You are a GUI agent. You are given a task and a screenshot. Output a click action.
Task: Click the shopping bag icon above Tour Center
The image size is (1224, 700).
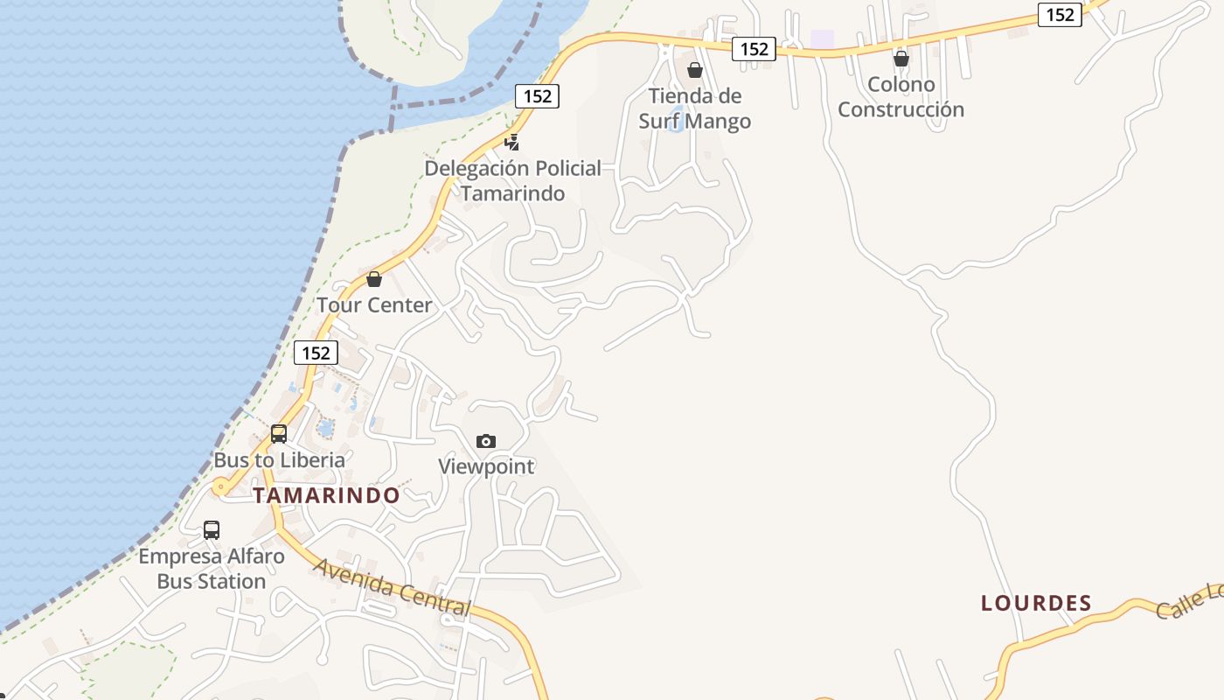[x=374, y=279]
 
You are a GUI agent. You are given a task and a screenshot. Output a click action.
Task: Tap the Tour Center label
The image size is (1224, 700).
[x=374, y=305]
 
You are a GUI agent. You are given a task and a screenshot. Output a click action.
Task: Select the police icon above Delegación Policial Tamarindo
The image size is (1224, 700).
[x=512, y=141]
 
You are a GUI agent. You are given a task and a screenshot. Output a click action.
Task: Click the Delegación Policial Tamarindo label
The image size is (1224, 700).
[x=513, y=180]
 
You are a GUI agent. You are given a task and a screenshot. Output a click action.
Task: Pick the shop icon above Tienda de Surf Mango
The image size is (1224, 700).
[x=695, y=70]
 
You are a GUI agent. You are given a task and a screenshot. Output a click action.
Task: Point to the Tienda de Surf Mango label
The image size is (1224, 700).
[x=695, y=108]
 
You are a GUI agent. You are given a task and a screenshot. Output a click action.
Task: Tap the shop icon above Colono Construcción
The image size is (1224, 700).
[x=901, y=59]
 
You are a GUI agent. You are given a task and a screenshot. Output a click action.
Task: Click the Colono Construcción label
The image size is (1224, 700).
[x=901, y=97]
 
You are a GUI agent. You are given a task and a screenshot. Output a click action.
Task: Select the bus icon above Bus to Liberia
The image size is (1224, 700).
[x=279, y=433]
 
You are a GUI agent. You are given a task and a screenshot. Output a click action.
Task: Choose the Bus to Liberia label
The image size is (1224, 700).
[x=280, y=460]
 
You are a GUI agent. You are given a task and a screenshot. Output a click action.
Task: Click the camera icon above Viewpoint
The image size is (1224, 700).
[x=486, y=441]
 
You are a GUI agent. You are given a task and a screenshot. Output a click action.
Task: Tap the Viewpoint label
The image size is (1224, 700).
[x=486, y=466]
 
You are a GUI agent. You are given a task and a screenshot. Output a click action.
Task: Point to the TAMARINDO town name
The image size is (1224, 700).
[x=327, y=495]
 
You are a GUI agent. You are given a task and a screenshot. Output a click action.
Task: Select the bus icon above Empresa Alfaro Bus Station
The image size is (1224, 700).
[x=212, y=529]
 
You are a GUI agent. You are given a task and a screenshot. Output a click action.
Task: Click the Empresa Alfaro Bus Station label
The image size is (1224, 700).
[x=212, y=569]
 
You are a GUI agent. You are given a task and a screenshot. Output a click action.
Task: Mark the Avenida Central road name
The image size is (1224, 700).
[x=393, y=588]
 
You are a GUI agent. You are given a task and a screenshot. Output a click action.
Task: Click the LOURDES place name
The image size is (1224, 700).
[x=1036, y=603]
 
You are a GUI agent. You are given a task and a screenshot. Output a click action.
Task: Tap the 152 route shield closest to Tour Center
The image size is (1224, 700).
[x=316, y=353]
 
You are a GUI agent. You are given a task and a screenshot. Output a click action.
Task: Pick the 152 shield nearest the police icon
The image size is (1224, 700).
[x=537, y=96]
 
